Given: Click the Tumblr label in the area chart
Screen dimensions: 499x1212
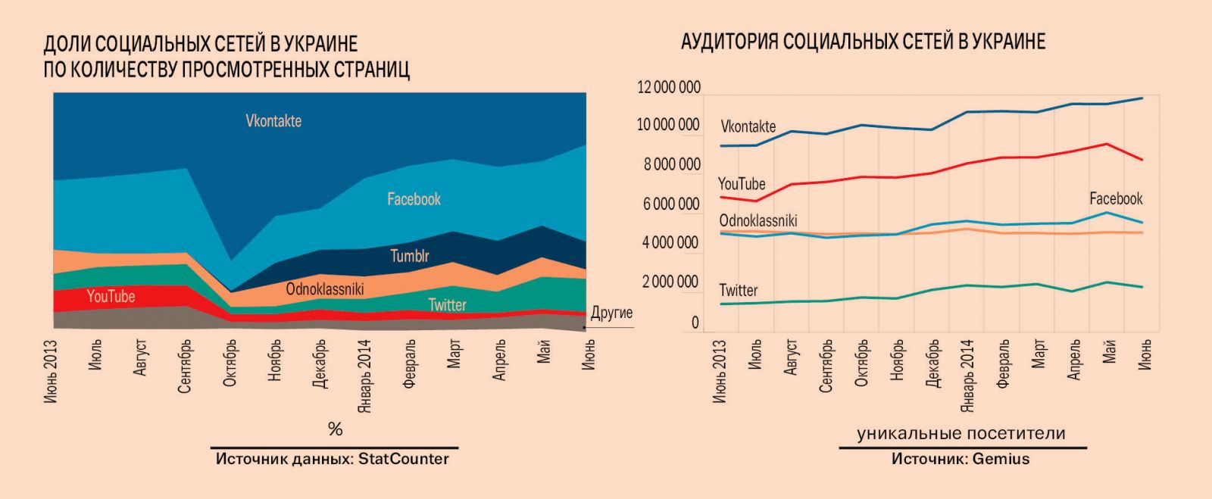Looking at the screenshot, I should (x=409, y=256).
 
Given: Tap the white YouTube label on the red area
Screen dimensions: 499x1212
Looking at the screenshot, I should (x=111, y=297).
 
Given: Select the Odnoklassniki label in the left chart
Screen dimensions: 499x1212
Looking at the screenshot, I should (x=325, y=288).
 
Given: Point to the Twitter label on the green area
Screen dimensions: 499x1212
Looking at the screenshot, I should (x=447, y=304).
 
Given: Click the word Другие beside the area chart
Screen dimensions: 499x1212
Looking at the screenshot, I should (x=611, y=313).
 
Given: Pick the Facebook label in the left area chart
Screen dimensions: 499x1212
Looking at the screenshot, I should (x=414, y=199).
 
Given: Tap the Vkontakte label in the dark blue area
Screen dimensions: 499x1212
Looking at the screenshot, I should (x=273, y=121).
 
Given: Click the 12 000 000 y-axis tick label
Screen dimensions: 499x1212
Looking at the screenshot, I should (x=669, y=88).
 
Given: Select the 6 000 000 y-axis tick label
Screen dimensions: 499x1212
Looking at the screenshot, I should (x=671, y=204).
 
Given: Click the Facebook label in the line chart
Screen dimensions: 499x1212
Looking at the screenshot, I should (x=1116, y=198).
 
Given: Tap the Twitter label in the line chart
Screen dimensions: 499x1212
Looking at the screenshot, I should (x=738, y=290).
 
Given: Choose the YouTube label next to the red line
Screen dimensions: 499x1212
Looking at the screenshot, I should (x=741, y=184).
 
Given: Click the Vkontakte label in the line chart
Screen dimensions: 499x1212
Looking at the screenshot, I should (x=748, y=126).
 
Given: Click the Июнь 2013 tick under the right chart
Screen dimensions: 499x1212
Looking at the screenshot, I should (x=720, y=371).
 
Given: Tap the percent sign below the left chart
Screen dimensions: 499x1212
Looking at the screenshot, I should (x=335, y=429).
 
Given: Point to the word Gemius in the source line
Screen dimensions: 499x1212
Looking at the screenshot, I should (x=1001, y=459).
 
